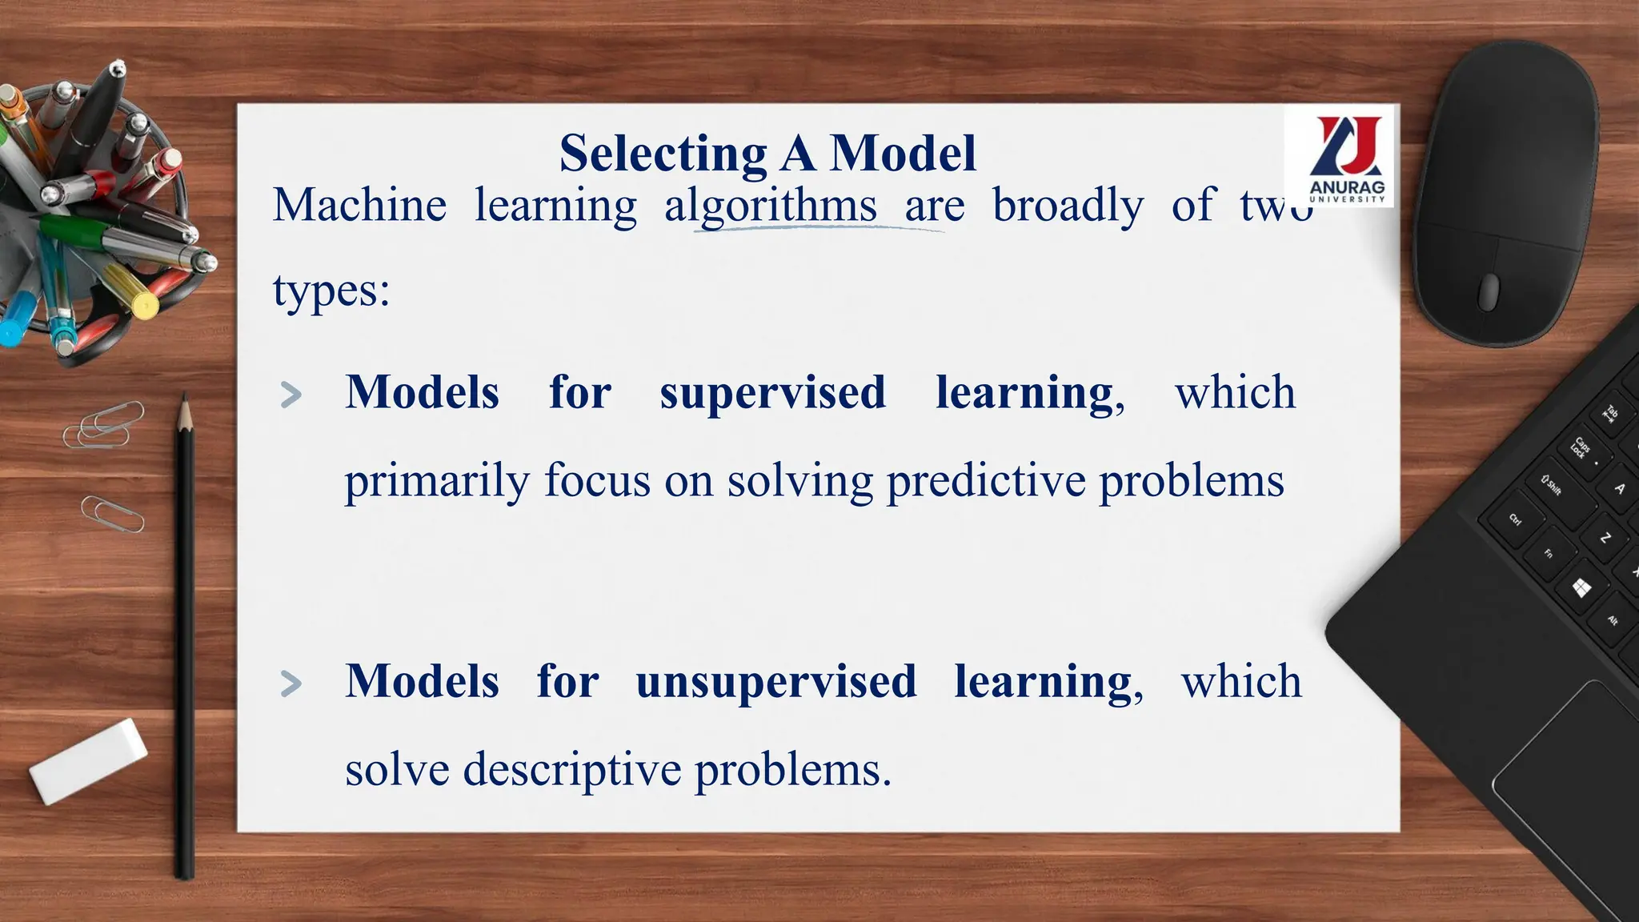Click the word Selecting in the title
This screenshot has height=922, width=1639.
[663, 153]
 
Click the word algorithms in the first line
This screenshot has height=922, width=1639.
[771, 206]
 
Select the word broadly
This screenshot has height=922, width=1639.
[1068, 206]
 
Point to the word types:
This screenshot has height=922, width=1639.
[331, 291]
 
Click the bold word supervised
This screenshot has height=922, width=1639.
[772, 393]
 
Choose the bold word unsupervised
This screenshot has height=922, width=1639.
[775, 682]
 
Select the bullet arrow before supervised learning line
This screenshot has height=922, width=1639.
[291, 395]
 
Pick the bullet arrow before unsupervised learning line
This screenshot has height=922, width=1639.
[291, 683]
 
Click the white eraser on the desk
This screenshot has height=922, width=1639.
[88, 760]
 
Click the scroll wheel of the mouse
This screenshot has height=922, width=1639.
[1489, 291]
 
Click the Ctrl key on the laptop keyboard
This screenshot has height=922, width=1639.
[1515, 520]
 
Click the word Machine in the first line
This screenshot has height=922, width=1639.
[359, 206]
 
